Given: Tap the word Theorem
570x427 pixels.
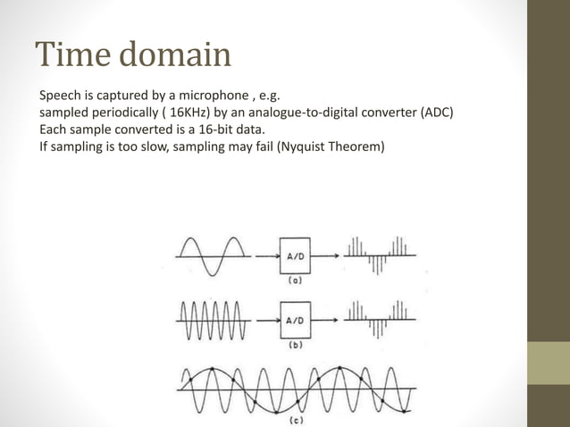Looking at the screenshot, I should [356, 147].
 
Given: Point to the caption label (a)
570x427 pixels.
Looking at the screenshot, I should [295, 279].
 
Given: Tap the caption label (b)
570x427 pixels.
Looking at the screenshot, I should [295, 344].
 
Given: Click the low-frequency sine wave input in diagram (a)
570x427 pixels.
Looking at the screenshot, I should [212, 256].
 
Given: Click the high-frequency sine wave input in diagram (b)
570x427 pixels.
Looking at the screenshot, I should [212, 318].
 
